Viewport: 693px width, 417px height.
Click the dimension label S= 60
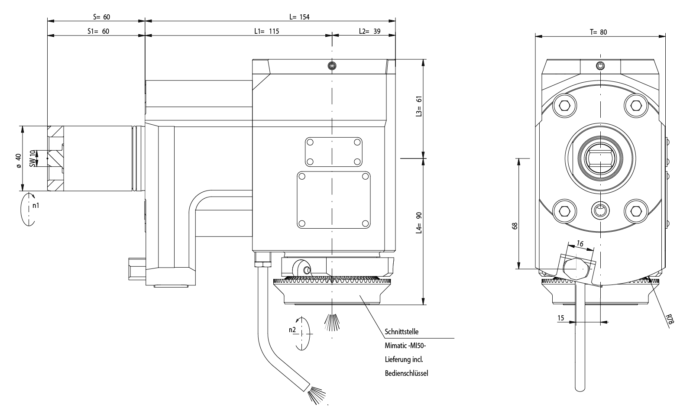[x=102, y=17]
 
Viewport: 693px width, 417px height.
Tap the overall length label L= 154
[x=300, y=17]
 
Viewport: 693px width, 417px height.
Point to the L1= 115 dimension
[x=266, y=31]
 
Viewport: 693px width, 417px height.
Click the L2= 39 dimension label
[x=369, y=31]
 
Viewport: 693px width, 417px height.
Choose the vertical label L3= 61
[x=419, y=106]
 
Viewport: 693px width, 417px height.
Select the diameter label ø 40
[x=18, y=160]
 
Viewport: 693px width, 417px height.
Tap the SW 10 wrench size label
[x=32, y=158]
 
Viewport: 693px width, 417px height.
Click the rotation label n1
[x=36, y=205]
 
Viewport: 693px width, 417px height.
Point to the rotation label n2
[x=292, y=330]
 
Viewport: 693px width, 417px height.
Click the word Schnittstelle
[x=402, y=332]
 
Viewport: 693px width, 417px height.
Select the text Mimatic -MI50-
[x=405, y=346]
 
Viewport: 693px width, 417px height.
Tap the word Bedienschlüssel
[x=406, y=373]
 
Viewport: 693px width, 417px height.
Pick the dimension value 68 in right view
[x=515, y=226]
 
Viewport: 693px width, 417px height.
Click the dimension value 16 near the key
[x=580, y=244]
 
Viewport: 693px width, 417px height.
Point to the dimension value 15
[x=560, y=318]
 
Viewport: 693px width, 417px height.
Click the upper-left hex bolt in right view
[x=565, y=105]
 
